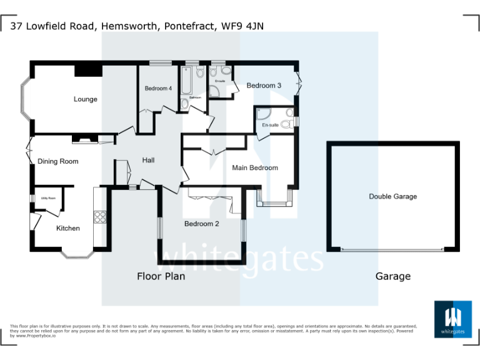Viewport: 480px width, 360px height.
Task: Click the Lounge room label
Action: (x=86, y=99)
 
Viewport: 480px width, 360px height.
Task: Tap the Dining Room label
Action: (x=58, y=161)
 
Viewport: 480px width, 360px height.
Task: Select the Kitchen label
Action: (x=68, y=228)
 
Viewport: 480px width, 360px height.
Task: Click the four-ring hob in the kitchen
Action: (x=100, y=217)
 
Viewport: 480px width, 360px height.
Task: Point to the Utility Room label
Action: (x=48, y=198)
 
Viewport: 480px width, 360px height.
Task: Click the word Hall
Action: (x=148, y=160)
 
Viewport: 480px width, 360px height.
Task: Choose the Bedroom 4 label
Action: (x=158, y=89)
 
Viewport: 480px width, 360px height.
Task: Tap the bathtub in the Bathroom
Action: (x=187, y=80)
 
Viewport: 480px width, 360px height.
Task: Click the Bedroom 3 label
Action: (x=264, y=86)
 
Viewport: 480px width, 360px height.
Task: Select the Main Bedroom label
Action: (x=255, y=167)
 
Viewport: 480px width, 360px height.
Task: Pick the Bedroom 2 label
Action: (x=201, y=224)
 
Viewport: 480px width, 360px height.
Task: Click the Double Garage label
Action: (x=392, y=196)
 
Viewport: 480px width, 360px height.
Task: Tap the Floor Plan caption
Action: (x=161, y=276)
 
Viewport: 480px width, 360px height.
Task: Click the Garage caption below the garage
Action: (x=393, y=276)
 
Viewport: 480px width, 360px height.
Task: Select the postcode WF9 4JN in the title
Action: (x=247, y=26)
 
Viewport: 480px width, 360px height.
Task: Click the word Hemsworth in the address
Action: (x=129, y=26)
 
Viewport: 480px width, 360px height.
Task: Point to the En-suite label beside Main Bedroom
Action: (x=270, y=126)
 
